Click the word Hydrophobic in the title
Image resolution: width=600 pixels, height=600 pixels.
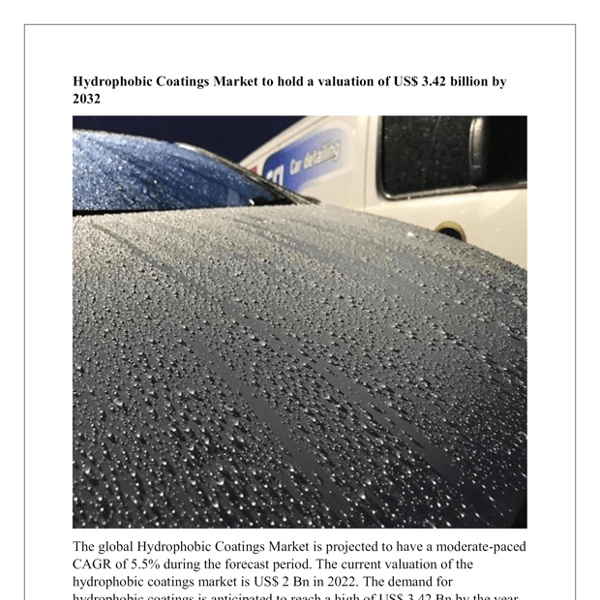tap(110, 82)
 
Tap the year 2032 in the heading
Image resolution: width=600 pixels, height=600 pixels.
tap(87, 99)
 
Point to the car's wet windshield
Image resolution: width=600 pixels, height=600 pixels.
tap(150, 170)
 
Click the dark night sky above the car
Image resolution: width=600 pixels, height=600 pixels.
tap(230, 135)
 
